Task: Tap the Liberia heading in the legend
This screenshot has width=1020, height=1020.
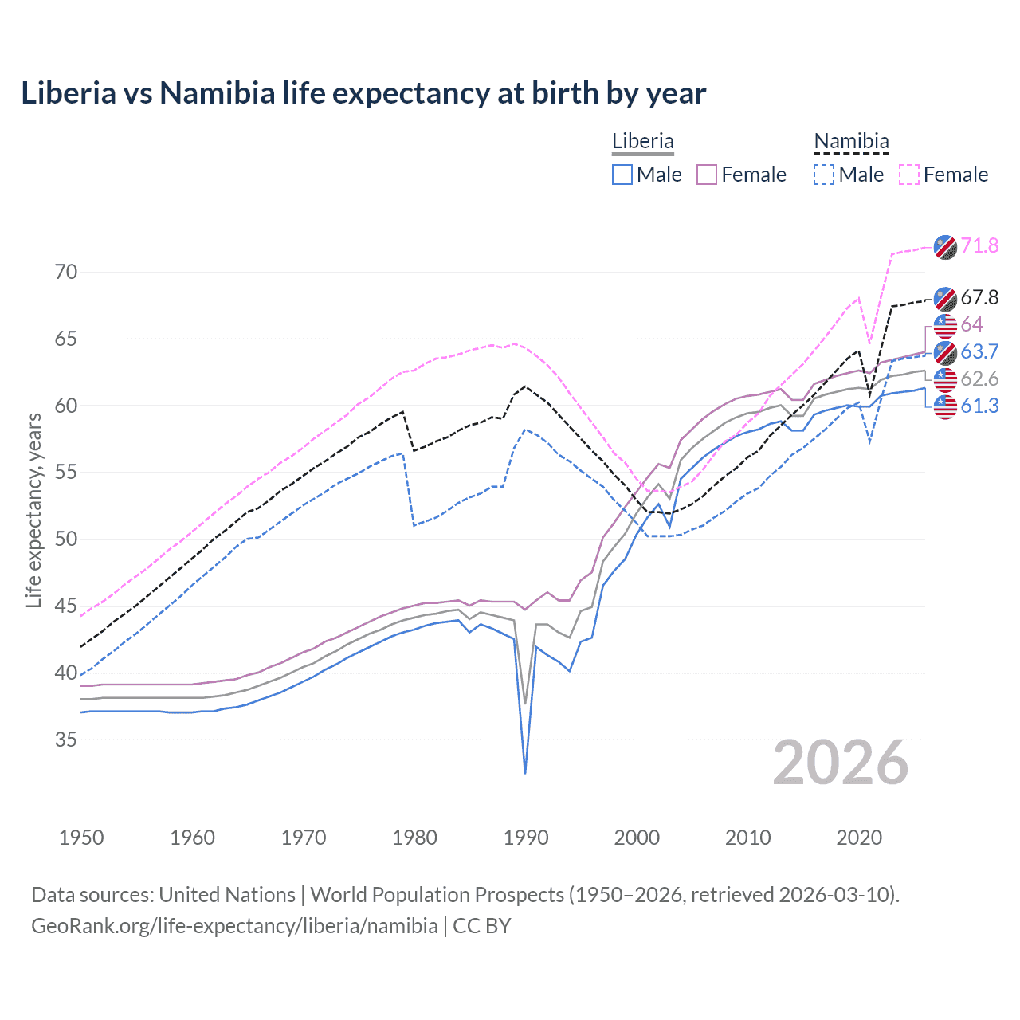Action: click(642, 141)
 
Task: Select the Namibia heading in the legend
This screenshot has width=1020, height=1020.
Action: click(851, 141)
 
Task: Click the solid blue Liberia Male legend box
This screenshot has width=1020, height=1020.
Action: click(622, 175)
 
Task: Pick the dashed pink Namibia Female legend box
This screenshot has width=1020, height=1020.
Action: click(909, 175)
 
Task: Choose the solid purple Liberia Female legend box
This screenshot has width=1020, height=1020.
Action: click(707, 175)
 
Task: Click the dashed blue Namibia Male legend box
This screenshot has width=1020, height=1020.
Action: click(824, 175)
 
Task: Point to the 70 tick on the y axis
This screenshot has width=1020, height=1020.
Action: click(66, 273)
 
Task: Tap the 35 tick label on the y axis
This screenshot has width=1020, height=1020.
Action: click(66, 740)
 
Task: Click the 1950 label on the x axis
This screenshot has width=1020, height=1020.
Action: click(81, 838)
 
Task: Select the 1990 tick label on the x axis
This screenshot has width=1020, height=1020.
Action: click(526, 838)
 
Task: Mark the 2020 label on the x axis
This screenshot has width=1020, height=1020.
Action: click(859, 838)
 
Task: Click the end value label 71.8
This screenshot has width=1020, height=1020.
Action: click(979, 245)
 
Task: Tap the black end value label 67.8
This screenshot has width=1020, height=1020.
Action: click(979, 297)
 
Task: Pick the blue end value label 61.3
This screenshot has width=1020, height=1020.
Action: click(979, 406)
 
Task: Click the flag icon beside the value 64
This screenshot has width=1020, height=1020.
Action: click(945, 325)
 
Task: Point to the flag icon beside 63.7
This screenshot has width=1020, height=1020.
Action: click(945, 352)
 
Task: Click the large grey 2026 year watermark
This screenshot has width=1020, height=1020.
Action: click(841, 763)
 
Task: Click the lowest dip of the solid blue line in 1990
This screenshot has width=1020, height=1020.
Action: click(525, 773)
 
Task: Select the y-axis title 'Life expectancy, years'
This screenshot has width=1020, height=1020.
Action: click(34, 510)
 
